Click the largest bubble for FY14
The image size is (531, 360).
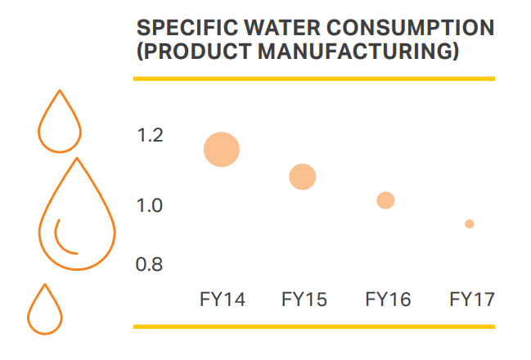pyautogui.click(x=222, y=150)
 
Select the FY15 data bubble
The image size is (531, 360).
pyautogui.click(x=303, y=177)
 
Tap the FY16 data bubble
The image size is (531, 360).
pyautogui.click(x=385, y=200)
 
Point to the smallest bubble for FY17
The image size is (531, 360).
pyautogui.click(x=470, y=224)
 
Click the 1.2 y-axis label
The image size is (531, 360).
pyautogui.click(x=150, y=135)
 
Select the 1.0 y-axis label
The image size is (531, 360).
pyautogui.click(x=150, y=205)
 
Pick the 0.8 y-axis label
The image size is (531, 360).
pyautogui.click(x=149, y=264)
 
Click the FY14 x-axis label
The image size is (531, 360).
pyautogui.click(x=223, y=299)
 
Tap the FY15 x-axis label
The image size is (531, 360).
pyautogui.click(x=304, y=299)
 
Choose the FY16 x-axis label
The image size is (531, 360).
pyautogui.click(x=388, y=299)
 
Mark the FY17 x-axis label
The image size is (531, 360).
pyautogui.click(x=472, y=299)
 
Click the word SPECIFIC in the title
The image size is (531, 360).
pyautogui.click(x=187, y=28)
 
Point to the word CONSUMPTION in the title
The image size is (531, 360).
pyautogui.click(x=410, y=28)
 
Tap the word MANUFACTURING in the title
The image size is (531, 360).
pyautogui.click(x=358, y=52)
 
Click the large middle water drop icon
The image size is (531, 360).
pyautogui.click(x=77, y=160)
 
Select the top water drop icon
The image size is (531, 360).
pyautogui.click(x=60, y=91)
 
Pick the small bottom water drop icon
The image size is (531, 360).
pyautogui.click(x=45, y=286)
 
